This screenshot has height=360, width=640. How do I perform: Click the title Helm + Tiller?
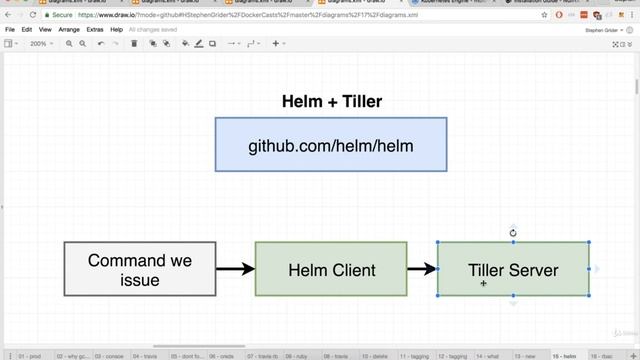331,101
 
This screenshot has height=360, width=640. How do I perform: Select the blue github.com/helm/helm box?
331,145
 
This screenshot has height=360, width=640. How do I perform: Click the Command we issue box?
140,270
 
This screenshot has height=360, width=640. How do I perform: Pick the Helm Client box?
331,270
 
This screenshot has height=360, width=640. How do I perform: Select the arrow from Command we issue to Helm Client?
235,269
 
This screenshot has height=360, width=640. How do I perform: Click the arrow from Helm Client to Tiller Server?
422,269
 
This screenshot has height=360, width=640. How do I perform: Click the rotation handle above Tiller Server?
513,233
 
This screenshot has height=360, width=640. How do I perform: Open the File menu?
11,30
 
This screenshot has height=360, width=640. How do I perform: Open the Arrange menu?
69,30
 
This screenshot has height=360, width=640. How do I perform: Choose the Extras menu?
95,30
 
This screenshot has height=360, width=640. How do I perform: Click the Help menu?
117,30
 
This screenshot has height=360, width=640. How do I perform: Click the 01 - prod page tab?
28,355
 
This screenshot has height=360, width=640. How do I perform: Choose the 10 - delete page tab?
377,355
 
